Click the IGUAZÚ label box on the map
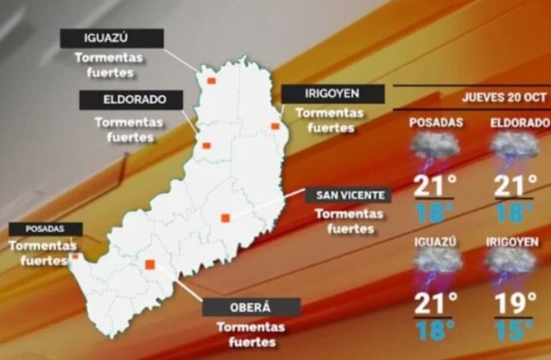coord(112,38)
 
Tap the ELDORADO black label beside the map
coord(131,100)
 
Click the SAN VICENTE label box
coord(347,195)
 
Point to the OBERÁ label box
coord(251,307)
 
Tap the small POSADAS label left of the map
coord(45,229)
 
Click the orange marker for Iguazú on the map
coord(211,81)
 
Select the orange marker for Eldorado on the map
coord(206,146)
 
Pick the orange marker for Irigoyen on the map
coord(275,127)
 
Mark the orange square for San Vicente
coord(225,218)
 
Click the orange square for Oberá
coord(150,264)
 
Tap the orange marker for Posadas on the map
coord(75,256)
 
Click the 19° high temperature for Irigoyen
coord(514,303)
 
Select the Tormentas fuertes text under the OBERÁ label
coord(251,334)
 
